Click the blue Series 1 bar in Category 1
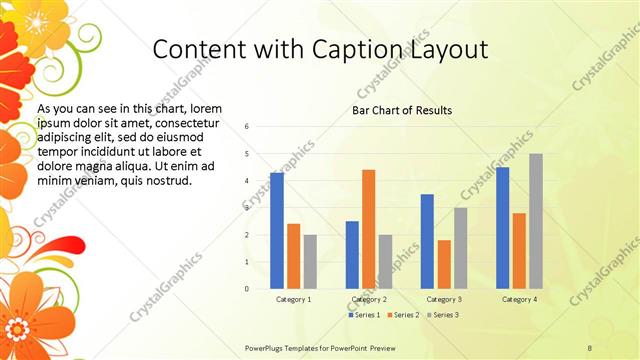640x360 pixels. point(277,231)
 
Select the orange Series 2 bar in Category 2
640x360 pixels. point(368,229)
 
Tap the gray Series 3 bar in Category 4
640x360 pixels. point(536,221)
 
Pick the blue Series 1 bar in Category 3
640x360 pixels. point(427,241)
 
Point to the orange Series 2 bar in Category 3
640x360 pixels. point(444,264)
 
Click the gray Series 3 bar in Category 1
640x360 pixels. point(310,262)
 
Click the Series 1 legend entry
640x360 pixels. point(366,315)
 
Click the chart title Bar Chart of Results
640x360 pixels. point(401,110)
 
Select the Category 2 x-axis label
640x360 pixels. point(369,299)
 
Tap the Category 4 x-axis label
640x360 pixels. point(519,299)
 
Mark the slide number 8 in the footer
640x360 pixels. point(590,347)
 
